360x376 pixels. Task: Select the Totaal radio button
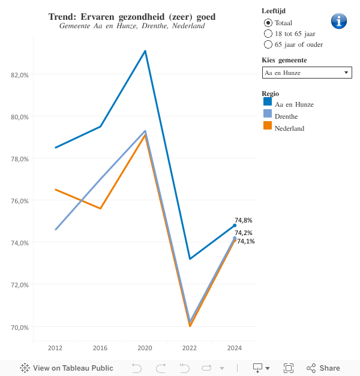[268, 23]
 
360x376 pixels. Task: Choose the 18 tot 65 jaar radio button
[268, 34]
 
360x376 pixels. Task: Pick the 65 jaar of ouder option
[268, 44]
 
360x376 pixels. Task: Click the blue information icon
[339, 21]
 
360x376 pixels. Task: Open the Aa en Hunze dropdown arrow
[346, 73]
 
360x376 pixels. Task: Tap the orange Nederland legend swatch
[268, 127]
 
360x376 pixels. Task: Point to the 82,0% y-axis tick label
[20, 75]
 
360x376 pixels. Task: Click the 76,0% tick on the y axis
[20, 201]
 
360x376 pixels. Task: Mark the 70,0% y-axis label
[20, 327]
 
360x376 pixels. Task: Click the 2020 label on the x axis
[145, 348]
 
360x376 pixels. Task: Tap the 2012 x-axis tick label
[55, 348]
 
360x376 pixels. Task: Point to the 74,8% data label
[243, 221]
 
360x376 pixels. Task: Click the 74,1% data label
[245, 242]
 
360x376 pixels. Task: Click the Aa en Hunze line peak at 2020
[145, 51]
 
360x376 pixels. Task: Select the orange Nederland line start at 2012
[56, 189]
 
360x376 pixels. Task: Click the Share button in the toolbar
[323, 368]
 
